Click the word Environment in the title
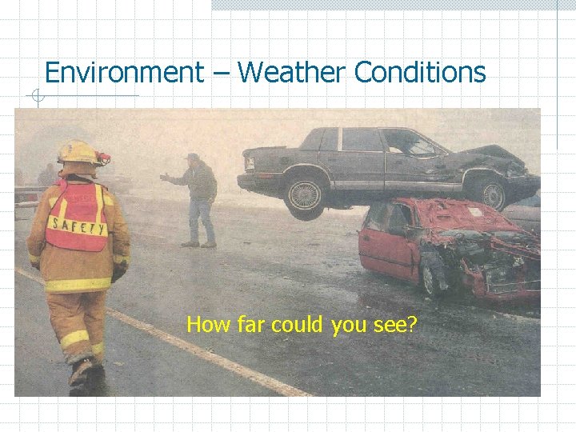tap(124, 73)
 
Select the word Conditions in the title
tap(420, 73)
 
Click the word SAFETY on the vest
tap(77, 228)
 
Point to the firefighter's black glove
tap(118, 273)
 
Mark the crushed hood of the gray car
tap(500, 154)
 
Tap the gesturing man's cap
tap(192, 157)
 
